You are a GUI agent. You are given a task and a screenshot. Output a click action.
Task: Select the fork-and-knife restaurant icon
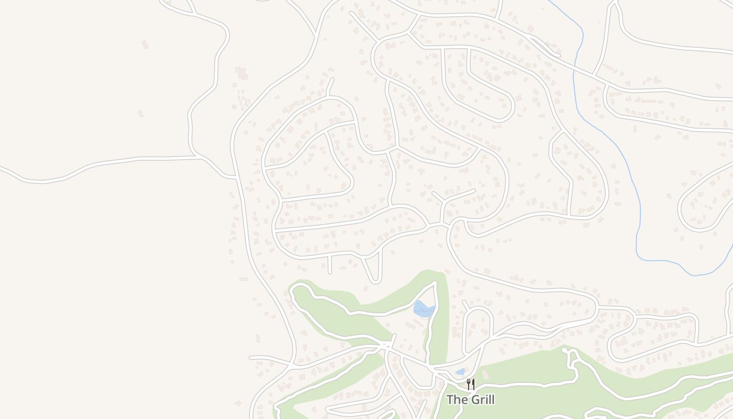[x=471, y=384]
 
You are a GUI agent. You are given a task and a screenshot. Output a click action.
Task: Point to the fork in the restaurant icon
[x=468, y=384]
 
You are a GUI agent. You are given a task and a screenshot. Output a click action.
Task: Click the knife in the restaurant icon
[x=473, y=384]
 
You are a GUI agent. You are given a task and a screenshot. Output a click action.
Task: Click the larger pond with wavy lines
[x=424, y=309]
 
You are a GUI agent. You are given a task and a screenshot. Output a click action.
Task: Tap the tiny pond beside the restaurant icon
[x=460, y=372]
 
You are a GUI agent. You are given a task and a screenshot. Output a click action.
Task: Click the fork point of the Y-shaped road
[x=444, y=203]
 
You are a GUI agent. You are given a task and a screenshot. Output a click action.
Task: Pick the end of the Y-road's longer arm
[x=474, y=190]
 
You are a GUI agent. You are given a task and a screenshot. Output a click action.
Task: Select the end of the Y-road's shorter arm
[x=432, y=193]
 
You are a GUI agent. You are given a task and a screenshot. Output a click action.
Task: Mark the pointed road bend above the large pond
[x=435, y=283]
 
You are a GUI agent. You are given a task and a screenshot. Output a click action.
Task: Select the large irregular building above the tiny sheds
[x=241, y=73]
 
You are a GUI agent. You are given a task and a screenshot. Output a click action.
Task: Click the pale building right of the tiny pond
[x=484, y=375]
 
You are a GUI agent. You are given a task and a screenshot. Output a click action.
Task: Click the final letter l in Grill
[x=492, y=400]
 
